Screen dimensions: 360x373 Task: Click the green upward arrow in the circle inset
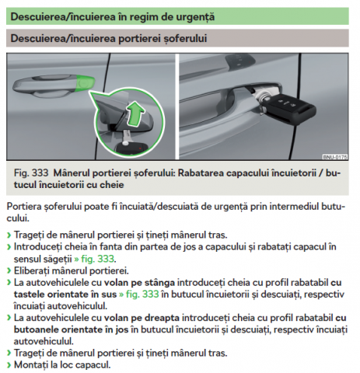coord(135,114)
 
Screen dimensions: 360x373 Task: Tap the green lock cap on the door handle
coord(86,83)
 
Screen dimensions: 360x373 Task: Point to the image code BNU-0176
coord(335,157)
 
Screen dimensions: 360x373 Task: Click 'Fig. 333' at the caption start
coord(31,173)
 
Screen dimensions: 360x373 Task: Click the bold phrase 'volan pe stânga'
coord(139,283)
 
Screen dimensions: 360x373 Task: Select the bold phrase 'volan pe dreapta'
coord(142,318)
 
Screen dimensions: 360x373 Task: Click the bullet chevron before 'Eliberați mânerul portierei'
coord(9,271)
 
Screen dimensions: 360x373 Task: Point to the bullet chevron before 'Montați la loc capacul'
coord(9,365)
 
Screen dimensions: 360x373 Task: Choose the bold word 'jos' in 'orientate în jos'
coord(122,329)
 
